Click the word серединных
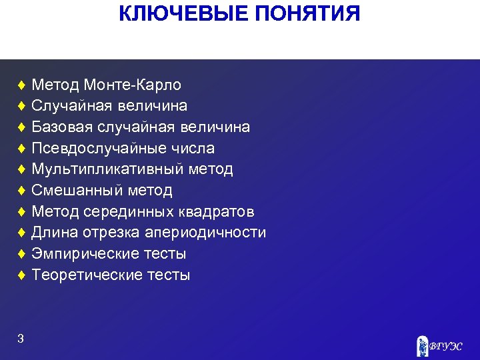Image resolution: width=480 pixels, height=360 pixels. [x=131, y=212]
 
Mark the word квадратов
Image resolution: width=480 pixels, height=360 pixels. [x=216, y=212]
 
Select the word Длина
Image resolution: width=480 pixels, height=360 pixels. [x=55, y=233]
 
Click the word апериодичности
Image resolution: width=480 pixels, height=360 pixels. [x=206, y=233]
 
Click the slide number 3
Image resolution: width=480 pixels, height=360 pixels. [x=21, y=339]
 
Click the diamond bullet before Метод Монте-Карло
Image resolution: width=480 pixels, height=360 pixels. [x=22, y=85]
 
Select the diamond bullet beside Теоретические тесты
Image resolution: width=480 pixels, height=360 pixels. [x=22, y=275]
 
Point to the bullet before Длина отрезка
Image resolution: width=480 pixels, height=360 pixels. [x=22, y=233]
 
